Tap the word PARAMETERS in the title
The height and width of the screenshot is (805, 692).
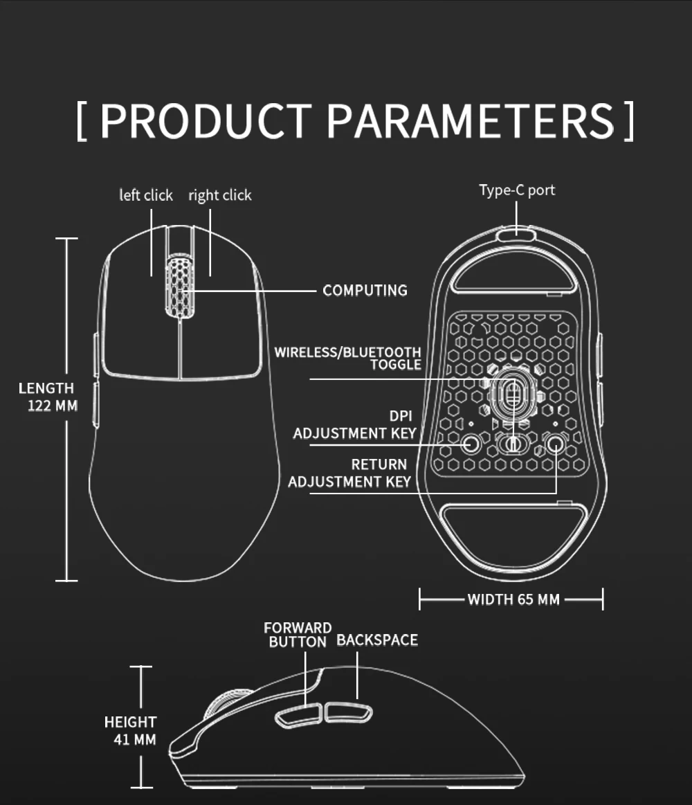471,120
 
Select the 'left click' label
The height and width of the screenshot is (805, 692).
146,195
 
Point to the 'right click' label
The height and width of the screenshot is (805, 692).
220,195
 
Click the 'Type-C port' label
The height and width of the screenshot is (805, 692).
517,190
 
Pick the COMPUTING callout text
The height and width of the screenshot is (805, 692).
365,290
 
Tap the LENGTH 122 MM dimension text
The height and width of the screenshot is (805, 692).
47,397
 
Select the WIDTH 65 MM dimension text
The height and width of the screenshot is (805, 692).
513,599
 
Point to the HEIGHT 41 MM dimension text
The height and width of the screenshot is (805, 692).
131,731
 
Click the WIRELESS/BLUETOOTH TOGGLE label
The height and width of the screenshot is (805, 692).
348,358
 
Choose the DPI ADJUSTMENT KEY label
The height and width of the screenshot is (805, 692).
355,425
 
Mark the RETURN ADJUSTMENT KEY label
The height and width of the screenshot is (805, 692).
349,473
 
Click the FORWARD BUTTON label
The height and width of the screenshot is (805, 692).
298,635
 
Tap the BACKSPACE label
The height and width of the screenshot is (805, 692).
377,640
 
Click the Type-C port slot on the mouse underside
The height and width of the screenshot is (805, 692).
515,234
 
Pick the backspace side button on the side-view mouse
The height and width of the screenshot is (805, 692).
348,712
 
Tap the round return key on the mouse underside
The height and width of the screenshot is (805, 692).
554,442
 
